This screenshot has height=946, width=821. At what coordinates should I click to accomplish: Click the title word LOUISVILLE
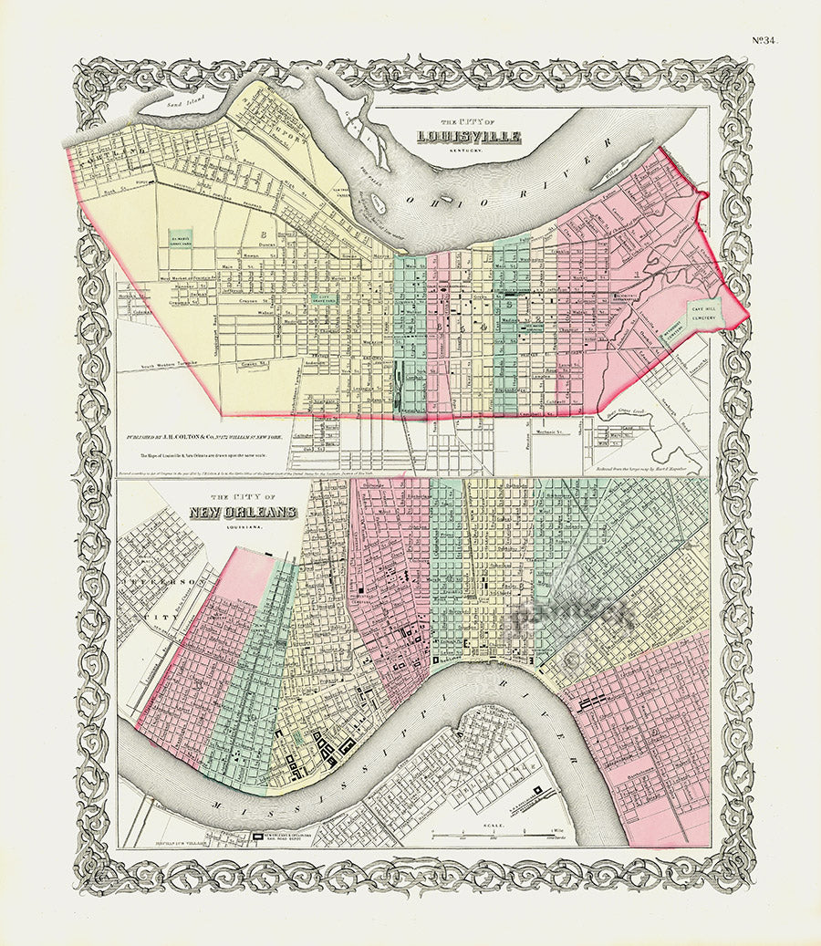coord(468,138)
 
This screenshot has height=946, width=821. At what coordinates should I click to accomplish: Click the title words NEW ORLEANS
coord(243,513)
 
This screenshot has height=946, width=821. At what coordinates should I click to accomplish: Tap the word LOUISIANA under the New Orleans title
coord(244,526)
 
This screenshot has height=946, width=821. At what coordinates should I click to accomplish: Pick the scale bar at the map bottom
coord(493,835)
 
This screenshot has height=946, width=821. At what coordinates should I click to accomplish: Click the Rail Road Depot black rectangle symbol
coord(258,835)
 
